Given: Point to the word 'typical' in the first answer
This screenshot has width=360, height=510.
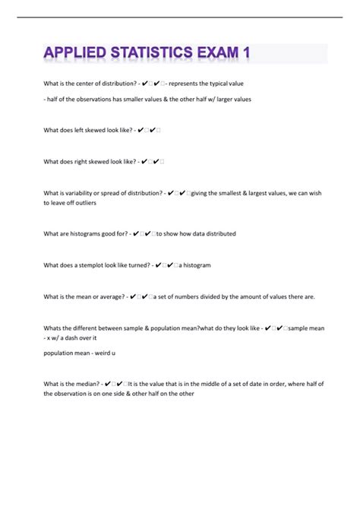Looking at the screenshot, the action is point(216,83).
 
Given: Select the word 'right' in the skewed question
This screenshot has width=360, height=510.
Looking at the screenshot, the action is point(81,161).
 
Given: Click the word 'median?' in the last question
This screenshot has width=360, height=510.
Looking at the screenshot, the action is point(86,385).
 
